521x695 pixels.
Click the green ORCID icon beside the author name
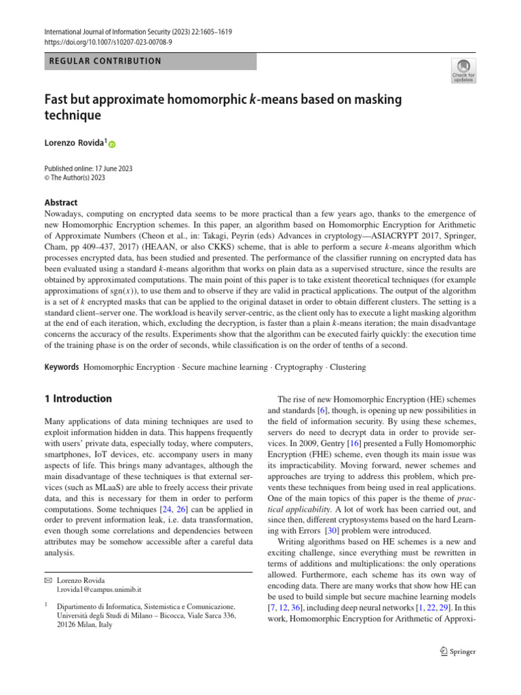112,145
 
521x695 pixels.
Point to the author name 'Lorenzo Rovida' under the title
74,144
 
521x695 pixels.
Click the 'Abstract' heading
60,202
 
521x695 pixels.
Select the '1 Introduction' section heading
77,398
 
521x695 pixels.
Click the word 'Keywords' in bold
60,367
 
